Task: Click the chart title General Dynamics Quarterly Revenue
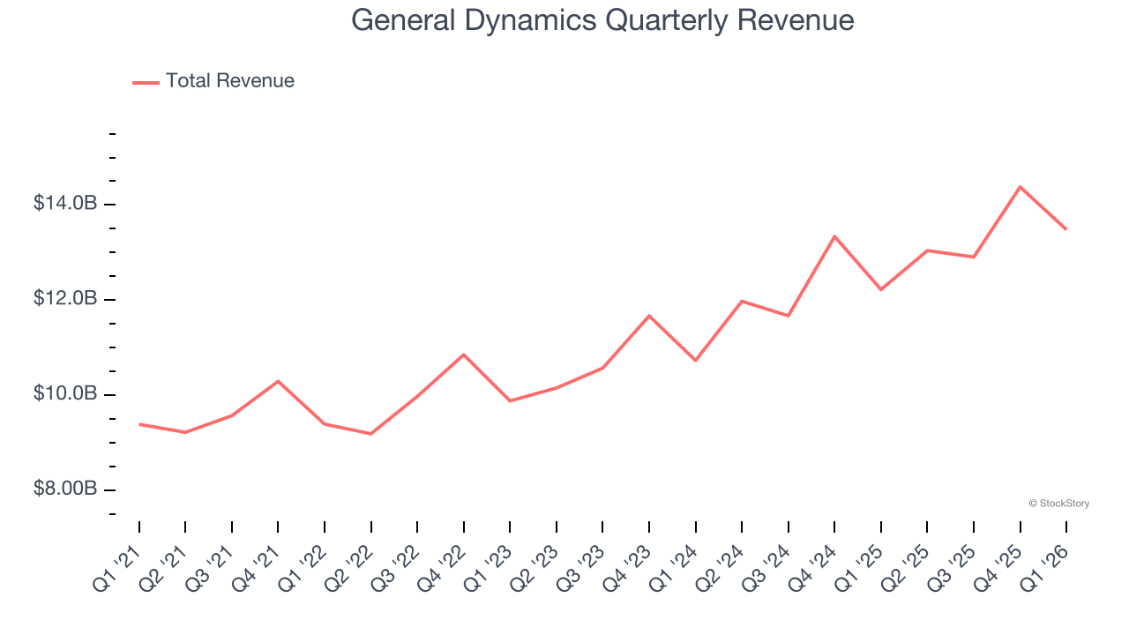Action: point(602,20)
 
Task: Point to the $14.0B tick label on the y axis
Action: point(65,204)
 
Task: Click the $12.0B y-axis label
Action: point(65,299)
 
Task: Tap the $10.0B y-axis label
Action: point(65,393)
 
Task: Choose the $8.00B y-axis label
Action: point(65,489)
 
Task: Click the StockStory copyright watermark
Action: point(1058,504)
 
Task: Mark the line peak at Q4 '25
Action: point(1020,187)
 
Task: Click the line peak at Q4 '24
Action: point(834,236)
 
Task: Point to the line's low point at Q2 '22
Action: point(370,433)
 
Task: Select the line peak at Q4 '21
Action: point(278,381)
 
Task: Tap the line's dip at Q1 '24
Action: point(695,360)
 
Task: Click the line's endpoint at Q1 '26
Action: point(1065,229)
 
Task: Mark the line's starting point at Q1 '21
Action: point(139,424)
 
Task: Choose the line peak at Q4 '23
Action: point(649,316)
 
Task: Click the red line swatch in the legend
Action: point(146,82)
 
